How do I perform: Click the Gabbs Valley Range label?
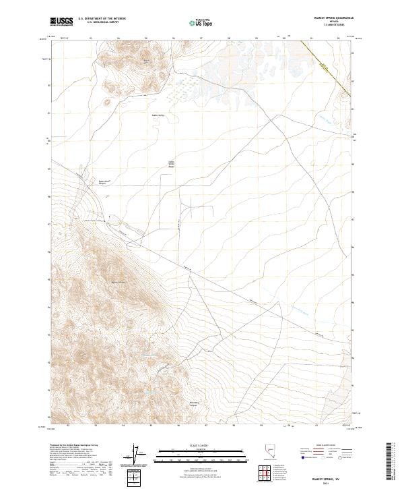point(171,164)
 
